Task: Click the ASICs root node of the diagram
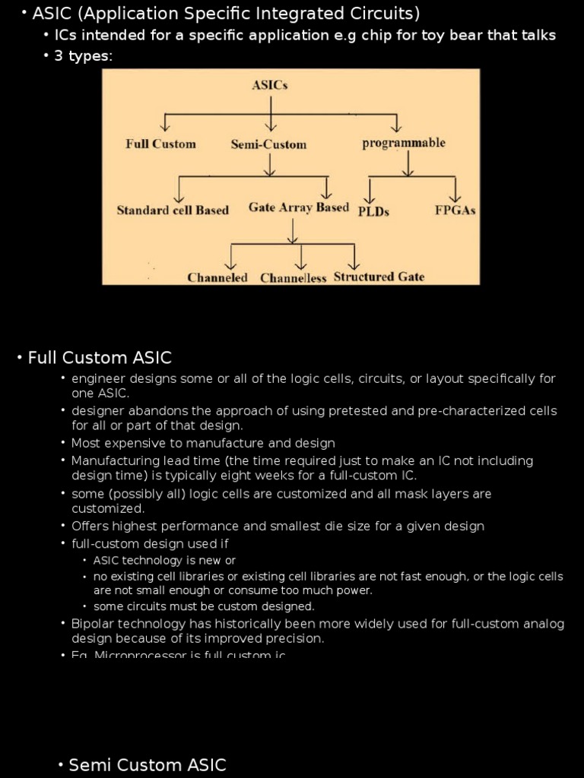coord(270,85)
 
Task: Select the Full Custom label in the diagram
coord(160,144)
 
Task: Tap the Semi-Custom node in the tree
coord(268,144)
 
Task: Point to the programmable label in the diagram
coord(404,143)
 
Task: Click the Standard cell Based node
coord(173,210)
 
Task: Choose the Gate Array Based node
coord(299,207)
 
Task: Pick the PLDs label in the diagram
coord(373,211)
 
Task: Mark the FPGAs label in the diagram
coord(455,210)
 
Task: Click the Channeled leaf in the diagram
coord(217,277)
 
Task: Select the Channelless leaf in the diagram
coord(294,278)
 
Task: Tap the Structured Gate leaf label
coord(379,277)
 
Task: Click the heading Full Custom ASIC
coord(100,357)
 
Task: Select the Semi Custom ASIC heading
coord(148,764)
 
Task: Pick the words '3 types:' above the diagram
coord(84,56)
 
